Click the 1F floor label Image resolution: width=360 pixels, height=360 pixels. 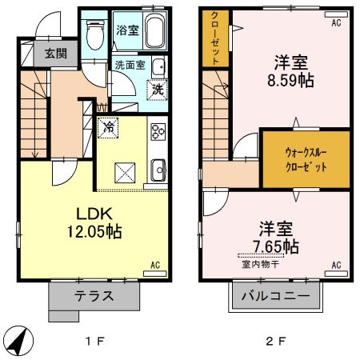[95, 340]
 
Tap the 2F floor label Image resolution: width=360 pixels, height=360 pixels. [275, 340]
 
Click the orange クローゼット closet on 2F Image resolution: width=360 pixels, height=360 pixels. [215, 38]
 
